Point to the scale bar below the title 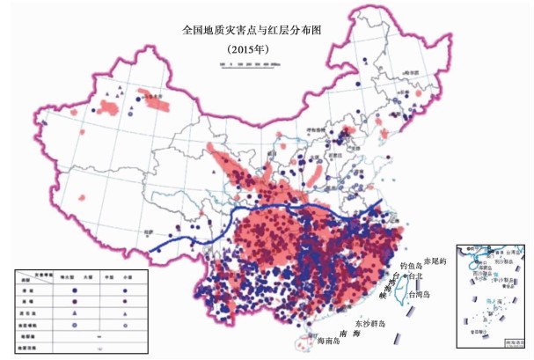tap(250, 65)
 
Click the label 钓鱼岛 tap(412, 264)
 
